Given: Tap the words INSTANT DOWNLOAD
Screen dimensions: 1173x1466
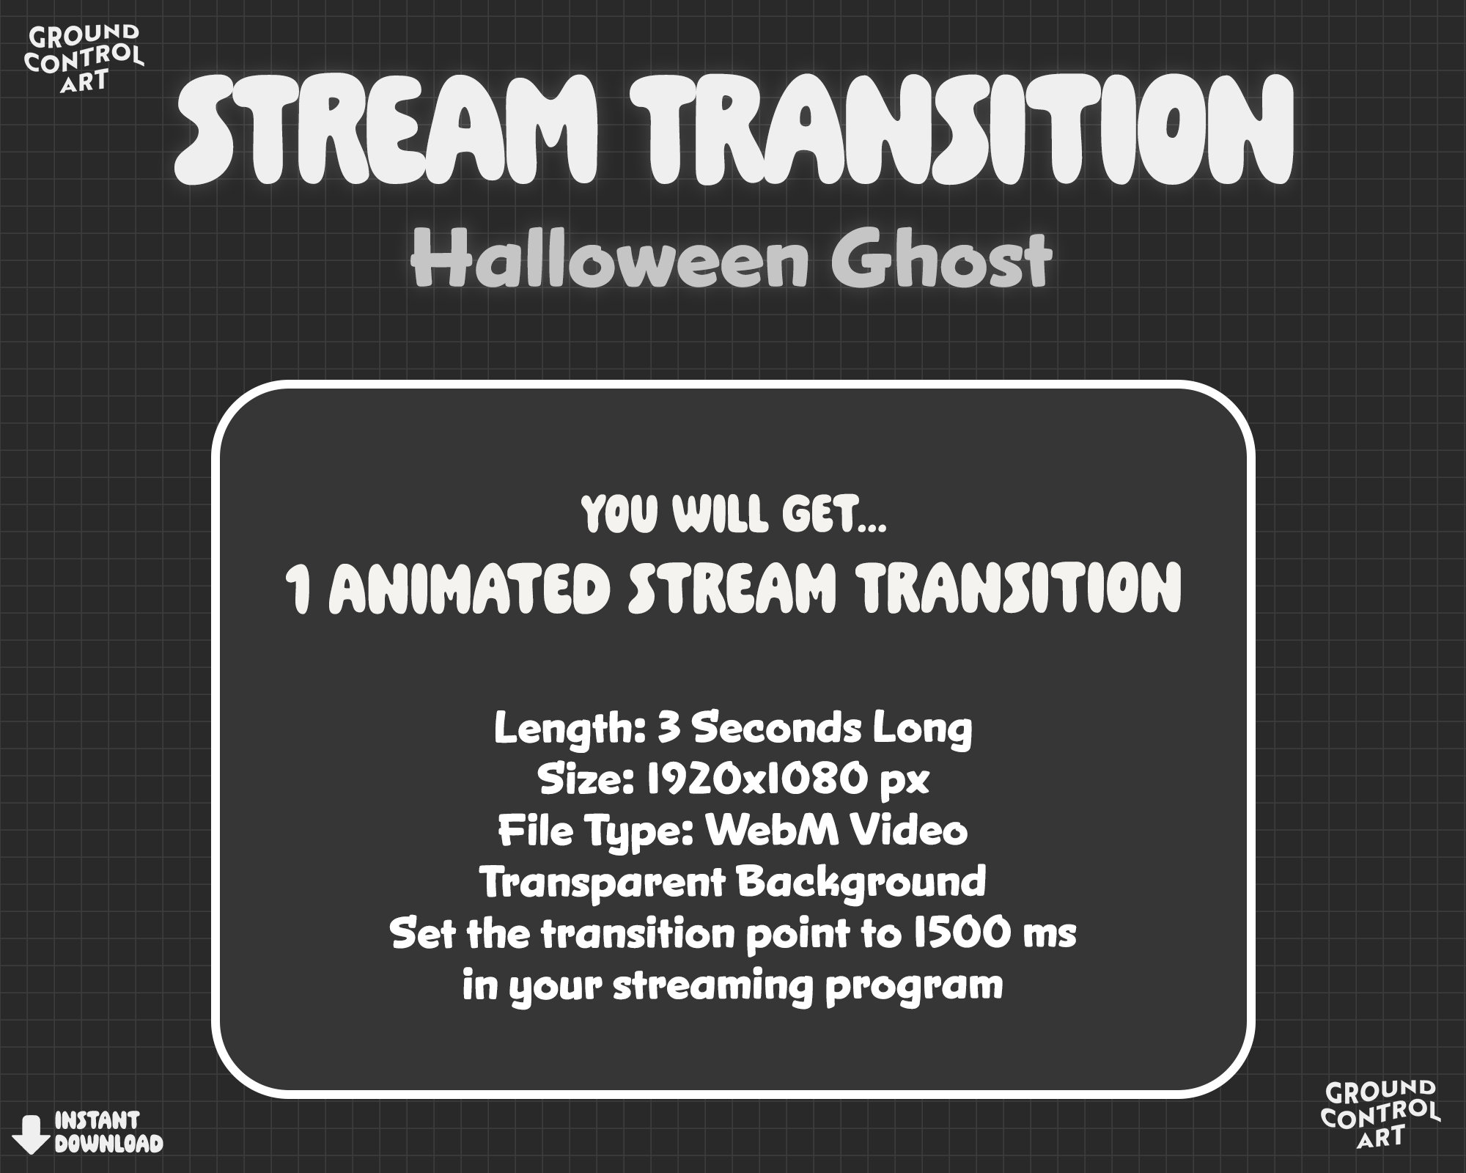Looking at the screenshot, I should click(x=108, y=1133).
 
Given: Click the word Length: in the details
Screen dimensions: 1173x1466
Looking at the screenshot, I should click(x=569, y=728).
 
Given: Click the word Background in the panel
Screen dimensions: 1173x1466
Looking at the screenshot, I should click(x=861, y=882).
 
